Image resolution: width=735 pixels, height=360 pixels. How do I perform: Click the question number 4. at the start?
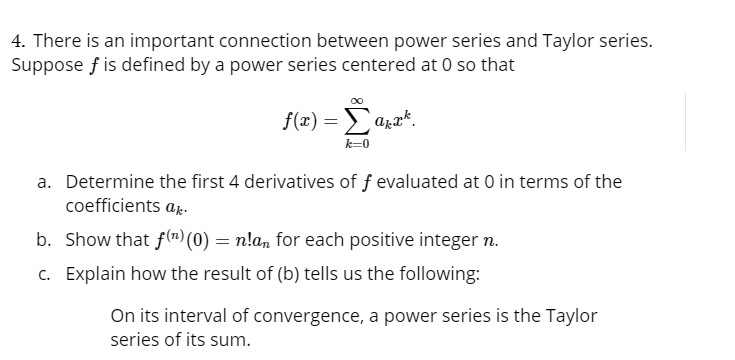(x=18, y=42)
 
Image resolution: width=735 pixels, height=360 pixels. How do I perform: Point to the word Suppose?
(x=46, y=65)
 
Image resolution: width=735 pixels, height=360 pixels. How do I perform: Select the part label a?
(x=45, y=182)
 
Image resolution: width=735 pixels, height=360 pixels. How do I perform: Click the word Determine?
(x=109, y=182)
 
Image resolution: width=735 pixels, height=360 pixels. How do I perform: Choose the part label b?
(x=45, y=240)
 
